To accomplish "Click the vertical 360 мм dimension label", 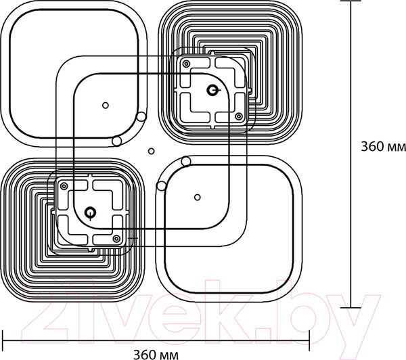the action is click(x=384, y=146).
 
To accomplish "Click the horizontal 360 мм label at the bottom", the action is click(x=156, y=355).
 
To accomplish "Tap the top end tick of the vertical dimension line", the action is click(x=351, y=1).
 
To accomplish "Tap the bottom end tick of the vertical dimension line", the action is click(x=351, y=308).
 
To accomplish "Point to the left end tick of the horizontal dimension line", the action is click(x=3, y=340).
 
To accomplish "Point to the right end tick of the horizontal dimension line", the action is click(x=309, y=340).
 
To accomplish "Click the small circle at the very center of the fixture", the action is click(x=151, y=152).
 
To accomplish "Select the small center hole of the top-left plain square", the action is click(x=106, y=106).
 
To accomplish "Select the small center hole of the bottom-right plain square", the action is click(x=198, y=198).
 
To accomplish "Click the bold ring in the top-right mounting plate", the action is click(x=212, y=90).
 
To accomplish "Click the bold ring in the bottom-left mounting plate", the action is click(x=91, y=212).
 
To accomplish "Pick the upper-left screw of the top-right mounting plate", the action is click(x=185, y=64).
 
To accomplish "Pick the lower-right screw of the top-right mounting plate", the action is click(x=239, y=116).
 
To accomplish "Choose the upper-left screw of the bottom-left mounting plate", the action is click(x=64, y=186).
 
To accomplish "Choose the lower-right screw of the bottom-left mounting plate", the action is click(x=117, y=238).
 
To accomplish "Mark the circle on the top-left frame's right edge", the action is click(x=141, y=117).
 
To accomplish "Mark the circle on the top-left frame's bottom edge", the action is click(x=117, y=141).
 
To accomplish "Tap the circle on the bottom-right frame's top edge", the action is click(x=186, y=161).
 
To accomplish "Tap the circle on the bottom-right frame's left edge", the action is click(x=162, y=185).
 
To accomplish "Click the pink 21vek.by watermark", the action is click(x=201, y=314).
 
